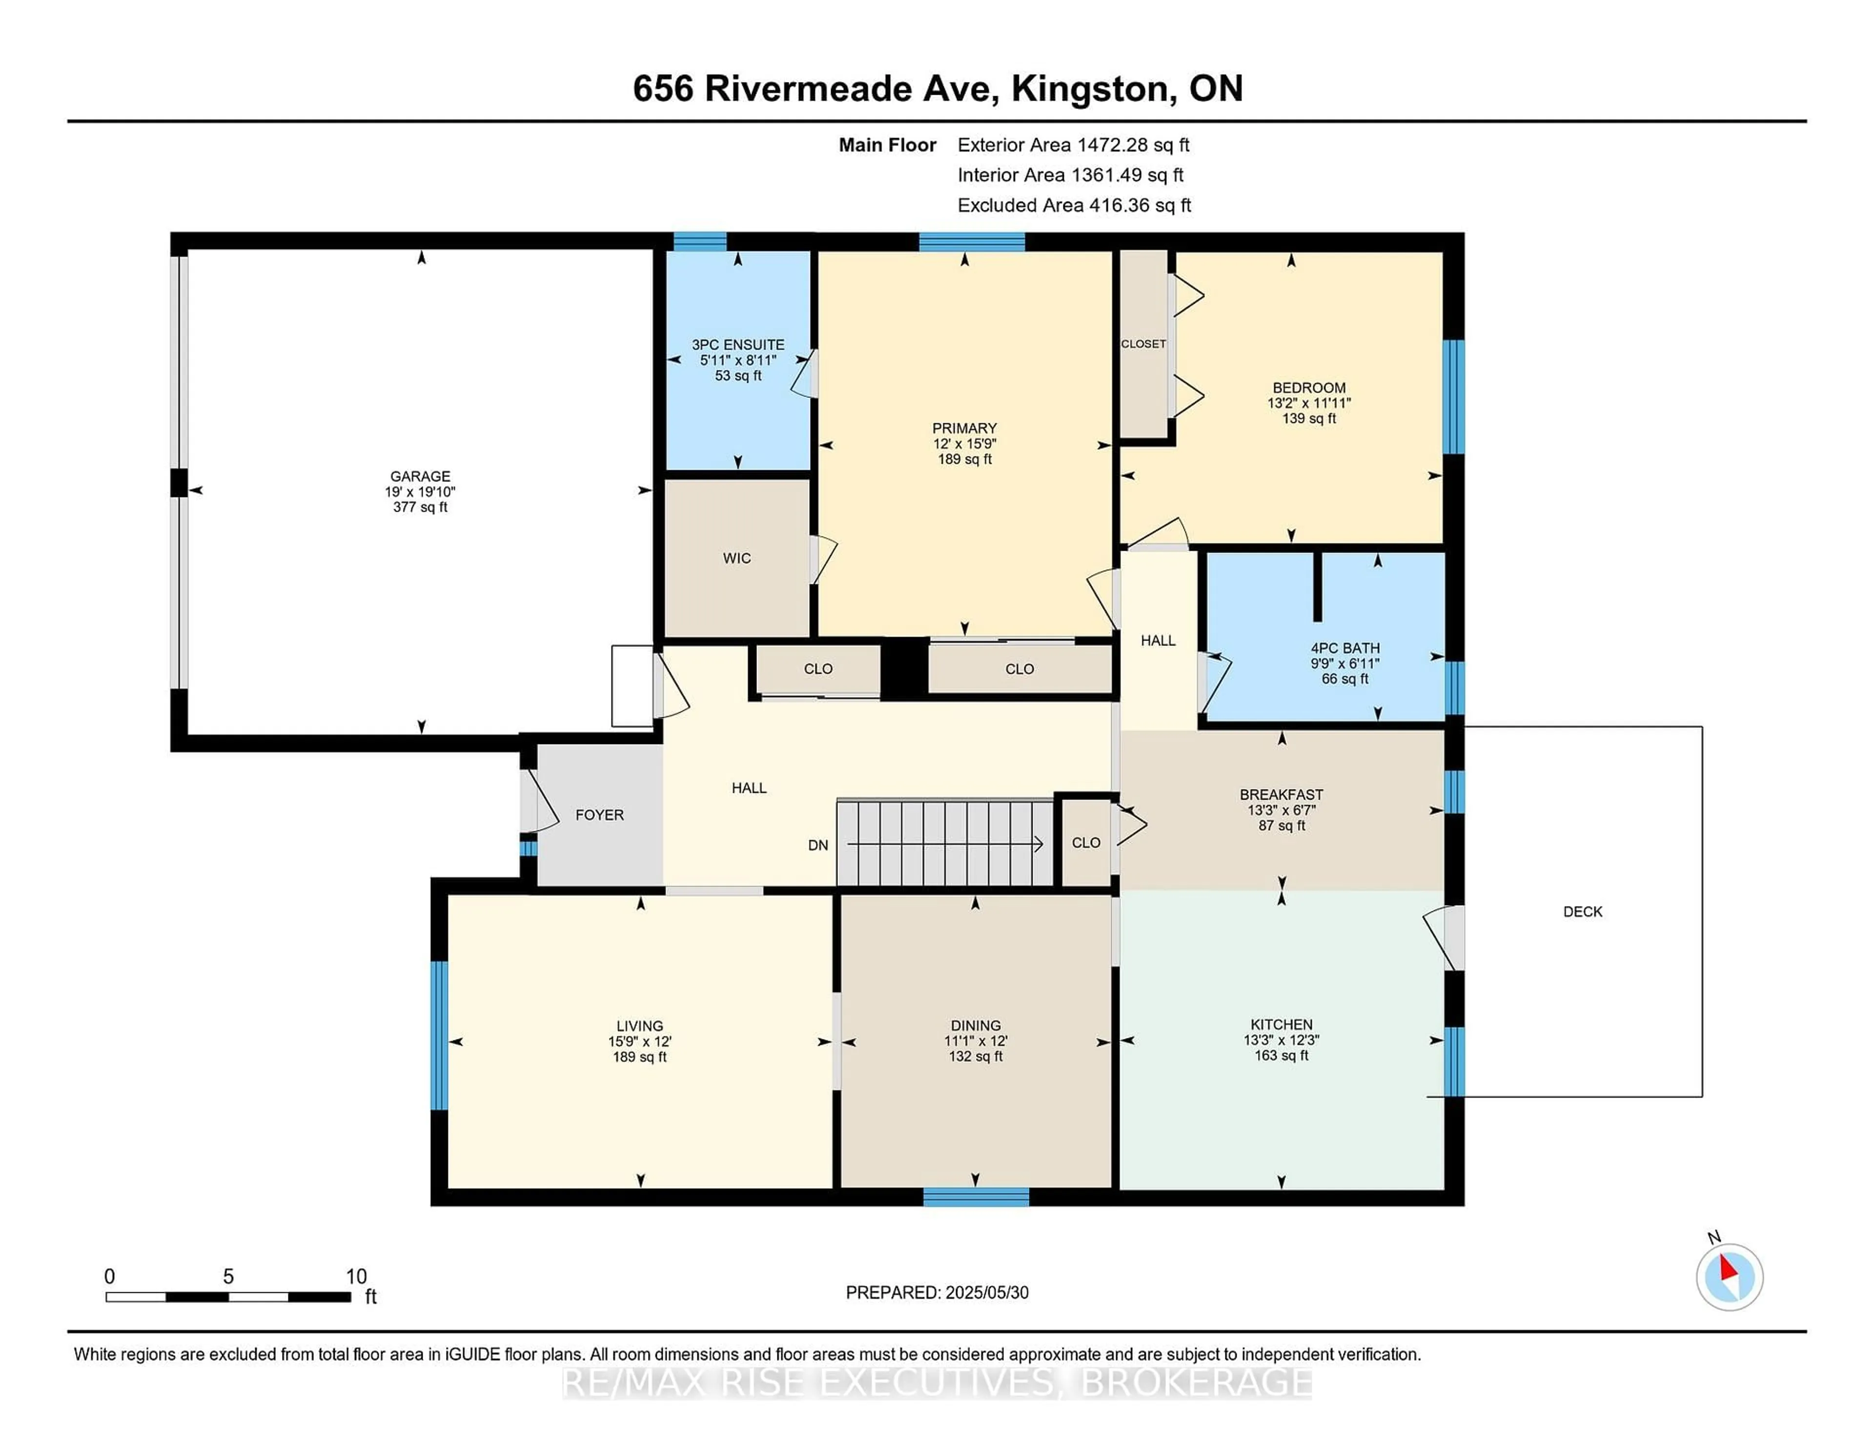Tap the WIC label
pos(737,558)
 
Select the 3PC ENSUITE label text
pos(738,344)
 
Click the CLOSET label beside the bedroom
pos(1143,343)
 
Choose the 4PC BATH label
pos(1344,648)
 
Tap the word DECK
pos(1582,911)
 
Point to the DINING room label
pos(976,1026)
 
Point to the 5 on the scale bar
pos(228,1277)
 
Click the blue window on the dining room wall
pos(976,1197)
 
